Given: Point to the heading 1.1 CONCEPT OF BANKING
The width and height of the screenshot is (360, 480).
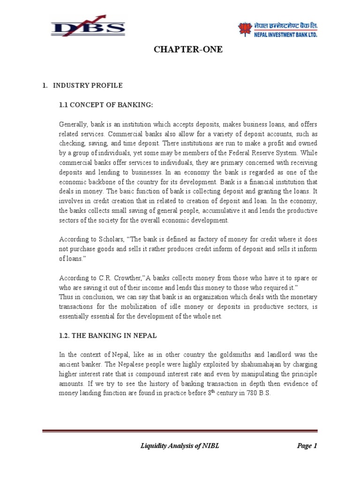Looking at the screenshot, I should coord(106,105).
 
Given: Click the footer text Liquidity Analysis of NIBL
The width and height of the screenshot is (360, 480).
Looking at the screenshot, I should coord(180,446).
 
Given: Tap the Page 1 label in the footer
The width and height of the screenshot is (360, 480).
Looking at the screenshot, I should coord(307,446).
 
